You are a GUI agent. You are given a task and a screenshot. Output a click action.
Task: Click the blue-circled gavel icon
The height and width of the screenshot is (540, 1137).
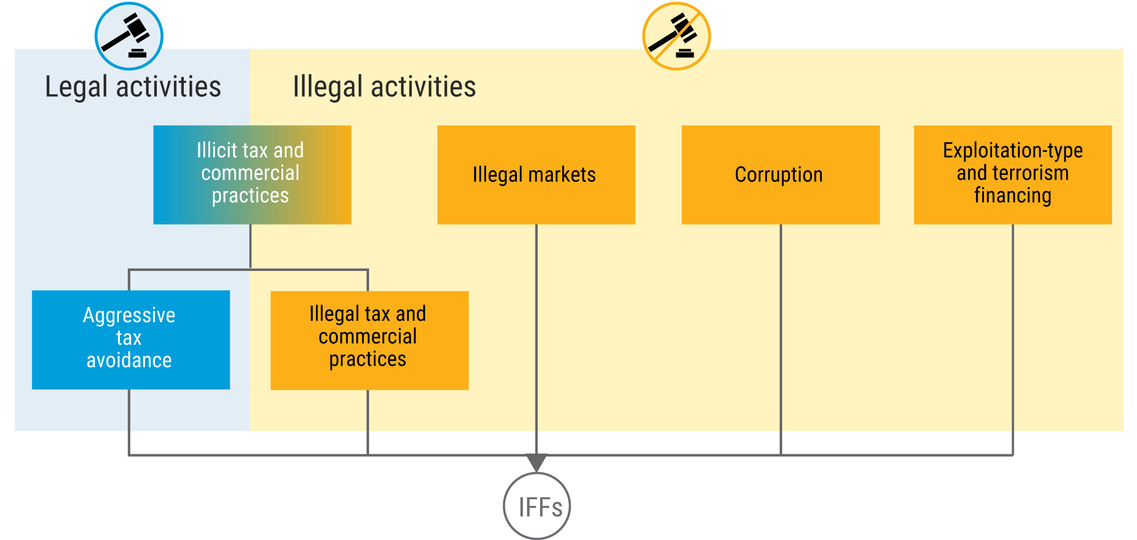point(129,36)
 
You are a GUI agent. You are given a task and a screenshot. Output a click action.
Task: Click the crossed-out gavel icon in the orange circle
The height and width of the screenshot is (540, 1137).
point(676,36)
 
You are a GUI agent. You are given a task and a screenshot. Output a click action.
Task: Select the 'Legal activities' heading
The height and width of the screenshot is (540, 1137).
point(133,87)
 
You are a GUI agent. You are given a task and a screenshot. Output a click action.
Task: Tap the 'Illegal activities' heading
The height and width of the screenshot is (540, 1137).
point(384,87)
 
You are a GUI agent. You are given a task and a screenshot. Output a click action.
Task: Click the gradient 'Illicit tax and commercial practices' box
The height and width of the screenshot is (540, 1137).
point(252,174)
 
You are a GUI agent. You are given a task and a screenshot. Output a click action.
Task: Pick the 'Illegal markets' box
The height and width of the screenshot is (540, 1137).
point(536,174)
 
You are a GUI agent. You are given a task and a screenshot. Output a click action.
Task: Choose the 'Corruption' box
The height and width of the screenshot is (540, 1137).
point(780,174)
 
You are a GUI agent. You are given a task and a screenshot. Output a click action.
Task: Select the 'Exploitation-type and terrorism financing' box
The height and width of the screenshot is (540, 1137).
point(1012,174)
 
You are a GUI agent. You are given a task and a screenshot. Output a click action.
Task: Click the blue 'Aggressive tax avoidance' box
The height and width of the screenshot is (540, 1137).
point(131,340)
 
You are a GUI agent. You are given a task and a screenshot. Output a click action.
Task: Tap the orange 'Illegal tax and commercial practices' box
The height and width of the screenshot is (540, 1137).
point(370,340)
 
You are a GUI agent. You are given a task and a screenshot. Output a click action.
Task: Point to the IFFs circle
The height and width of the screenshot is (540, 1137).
point(537,506)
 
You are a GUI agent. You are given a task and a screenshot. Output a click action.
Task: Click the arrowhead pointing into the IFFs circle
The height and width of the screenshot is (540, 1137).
point(536,461)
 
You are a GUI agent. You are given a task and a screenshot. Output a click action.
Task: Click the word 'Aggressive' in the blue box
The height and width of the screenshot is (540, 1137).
point(129,315)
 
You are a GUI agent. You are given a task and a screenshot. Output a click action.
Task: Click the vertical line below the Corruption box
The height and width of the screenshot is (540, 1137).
point(781,332)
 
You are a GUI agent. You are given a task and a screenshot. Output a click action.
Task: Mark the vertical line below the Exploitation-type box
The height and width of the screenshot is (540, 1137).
point(1013,332)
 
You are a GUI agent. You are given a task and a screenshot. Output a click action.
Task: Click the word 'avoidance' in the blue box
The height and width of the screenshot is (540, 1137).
point(129,360)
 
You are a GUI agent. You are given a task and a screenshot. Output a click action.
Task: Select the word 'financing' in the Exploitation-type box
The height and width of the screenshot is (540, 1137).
point(1012,196)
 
